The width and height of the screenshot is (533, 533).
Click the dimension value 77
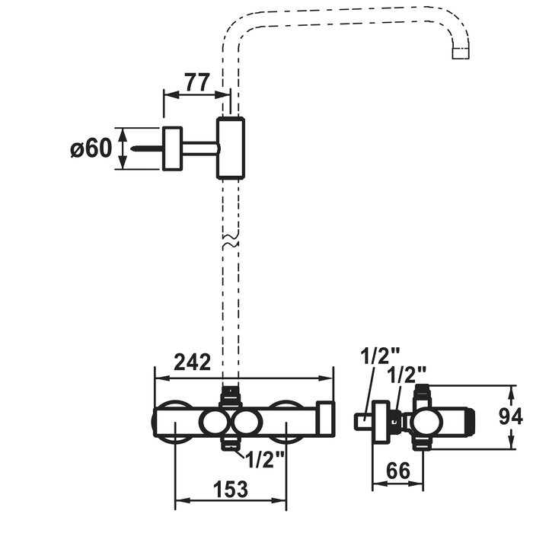click(x=197, y=82)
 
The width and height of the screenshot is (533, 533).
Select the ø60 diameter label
click(x=91, y=148)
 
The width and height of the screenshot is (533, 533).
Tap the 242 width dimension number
click(x=192, y=362)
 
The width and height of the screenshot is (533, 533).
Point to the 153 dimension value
click(x=231, y=489)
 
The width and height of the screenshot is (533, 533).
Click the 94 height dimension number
click(x=511, y=416)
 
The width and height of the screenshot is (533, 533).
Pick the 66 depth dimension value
click(x=398, y=471)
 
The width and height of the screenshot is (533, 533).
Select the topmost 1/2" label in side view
click(x=381, y=356)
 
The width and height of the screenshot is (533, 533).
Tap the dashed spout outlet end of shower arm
click(x=461, y=53)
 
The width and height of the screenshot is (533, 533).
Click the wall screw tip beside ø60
click(x=133, y=148)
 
